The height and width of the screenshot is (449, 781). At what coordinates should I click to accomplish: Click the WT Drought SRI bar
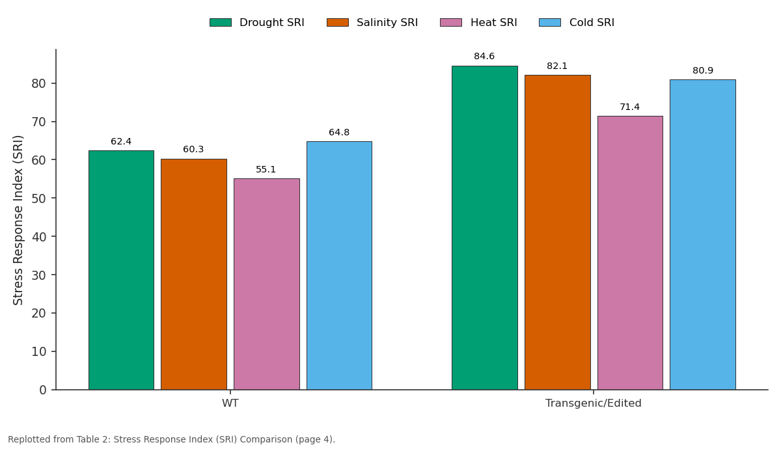tap(121, 270)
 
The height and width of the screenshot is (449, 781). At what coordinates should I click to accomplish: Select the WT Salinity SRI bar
tap(194, 275)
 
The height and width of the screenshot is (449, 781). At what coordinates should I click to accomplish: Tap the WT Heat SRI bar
tap(267, 284)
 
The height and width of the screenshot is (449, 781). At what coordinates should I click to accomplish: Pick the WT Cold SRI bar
tap(339, 265)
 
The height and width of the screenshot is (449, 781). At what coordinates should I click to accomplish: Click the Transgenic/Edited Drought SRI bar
tap(485, 228)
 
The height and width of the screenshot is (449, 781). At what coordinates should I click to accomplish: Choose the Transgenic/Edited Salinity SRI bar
tap(558, 232)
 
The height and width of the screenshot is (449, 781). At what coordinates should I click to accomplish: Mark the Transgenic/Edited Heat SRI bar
tap(630, 252)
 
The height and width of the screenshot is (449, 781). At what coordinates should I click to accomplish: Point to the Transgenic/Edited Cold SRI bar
tap(703, 235)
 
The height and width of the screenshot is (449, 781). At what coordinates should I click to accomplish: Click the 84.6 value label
tap(484, 56)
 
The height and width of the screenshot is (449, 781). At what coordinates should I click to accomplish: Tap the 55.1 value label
tap(266, 169)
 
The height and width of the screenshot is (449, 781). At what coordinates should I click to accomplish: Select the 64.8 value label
tap(339, 132)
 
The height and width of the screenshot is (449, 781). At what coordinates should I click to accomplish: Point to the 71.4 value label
tap(630, 107)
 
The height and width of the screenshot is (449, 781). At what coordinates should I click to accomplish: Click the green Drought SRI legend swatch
tap(221, 23)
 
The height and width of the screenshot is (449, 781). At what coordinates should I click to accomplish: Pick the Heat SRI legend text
tap(494, 23)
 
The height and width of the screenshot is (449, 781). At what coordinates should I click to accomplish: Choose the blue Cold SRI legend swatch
tap(550, 23)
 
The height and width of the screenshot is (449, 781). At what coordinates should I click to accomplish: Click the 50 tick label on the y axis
tap(38, 198)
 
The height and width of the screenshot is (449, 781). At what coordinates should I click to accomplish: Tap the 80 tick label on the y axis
tap(38, 84)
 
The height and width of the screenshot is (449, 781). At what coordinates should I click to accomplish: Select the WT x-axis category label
tap(230, 403)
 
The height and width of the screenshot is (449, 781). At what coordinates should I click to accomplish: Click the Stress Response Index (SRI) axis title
tap(18, 221)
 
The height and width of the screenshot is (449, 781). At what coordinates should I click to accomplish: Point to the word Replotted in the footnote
tap(30, 440)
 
